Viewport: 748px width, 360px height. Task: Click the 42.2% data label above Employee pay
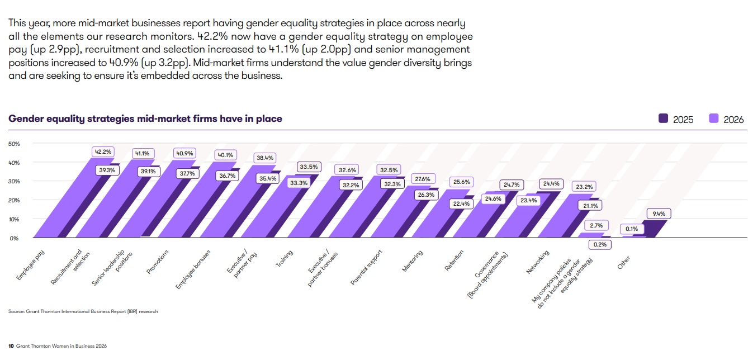coord(103,151)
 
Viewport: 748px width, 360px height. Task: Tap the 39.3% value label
coord(107,170)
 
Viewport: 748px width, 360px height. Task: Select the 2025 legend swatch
coord(664,119)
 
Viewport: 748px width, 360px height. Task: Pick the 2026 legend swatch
coord(714,119)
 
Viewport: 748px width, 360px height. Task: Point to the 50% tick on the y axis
coord(14,144)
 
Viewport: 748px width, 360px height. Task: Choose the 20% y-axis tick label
coord(14,200)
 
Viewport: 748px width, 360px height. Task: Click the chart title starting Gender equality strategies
coord(145,119)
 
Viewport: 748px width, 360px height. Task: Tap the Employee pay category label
coord(31,266)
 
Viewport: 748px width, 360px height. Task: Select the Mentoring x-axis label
coord(413,261)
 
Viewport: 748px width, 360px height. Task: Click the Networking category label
coord(538,262)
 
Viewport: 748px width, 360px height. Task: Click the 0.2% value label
coord(600,244)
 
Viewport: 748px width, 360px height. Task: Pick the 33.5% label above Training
coord(309,167)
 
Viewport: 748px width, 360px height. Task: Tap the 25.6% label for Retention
coord(462,182)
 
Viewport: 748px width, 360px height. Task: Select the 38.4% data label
coord(265,158)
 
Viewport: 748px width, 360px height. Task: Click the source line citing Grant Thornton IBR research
coord(83,311)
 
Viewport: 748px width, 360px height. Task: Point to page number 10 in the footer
coord(11,346)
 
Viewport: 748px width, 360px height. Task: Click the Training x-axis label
coord(285,259)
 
